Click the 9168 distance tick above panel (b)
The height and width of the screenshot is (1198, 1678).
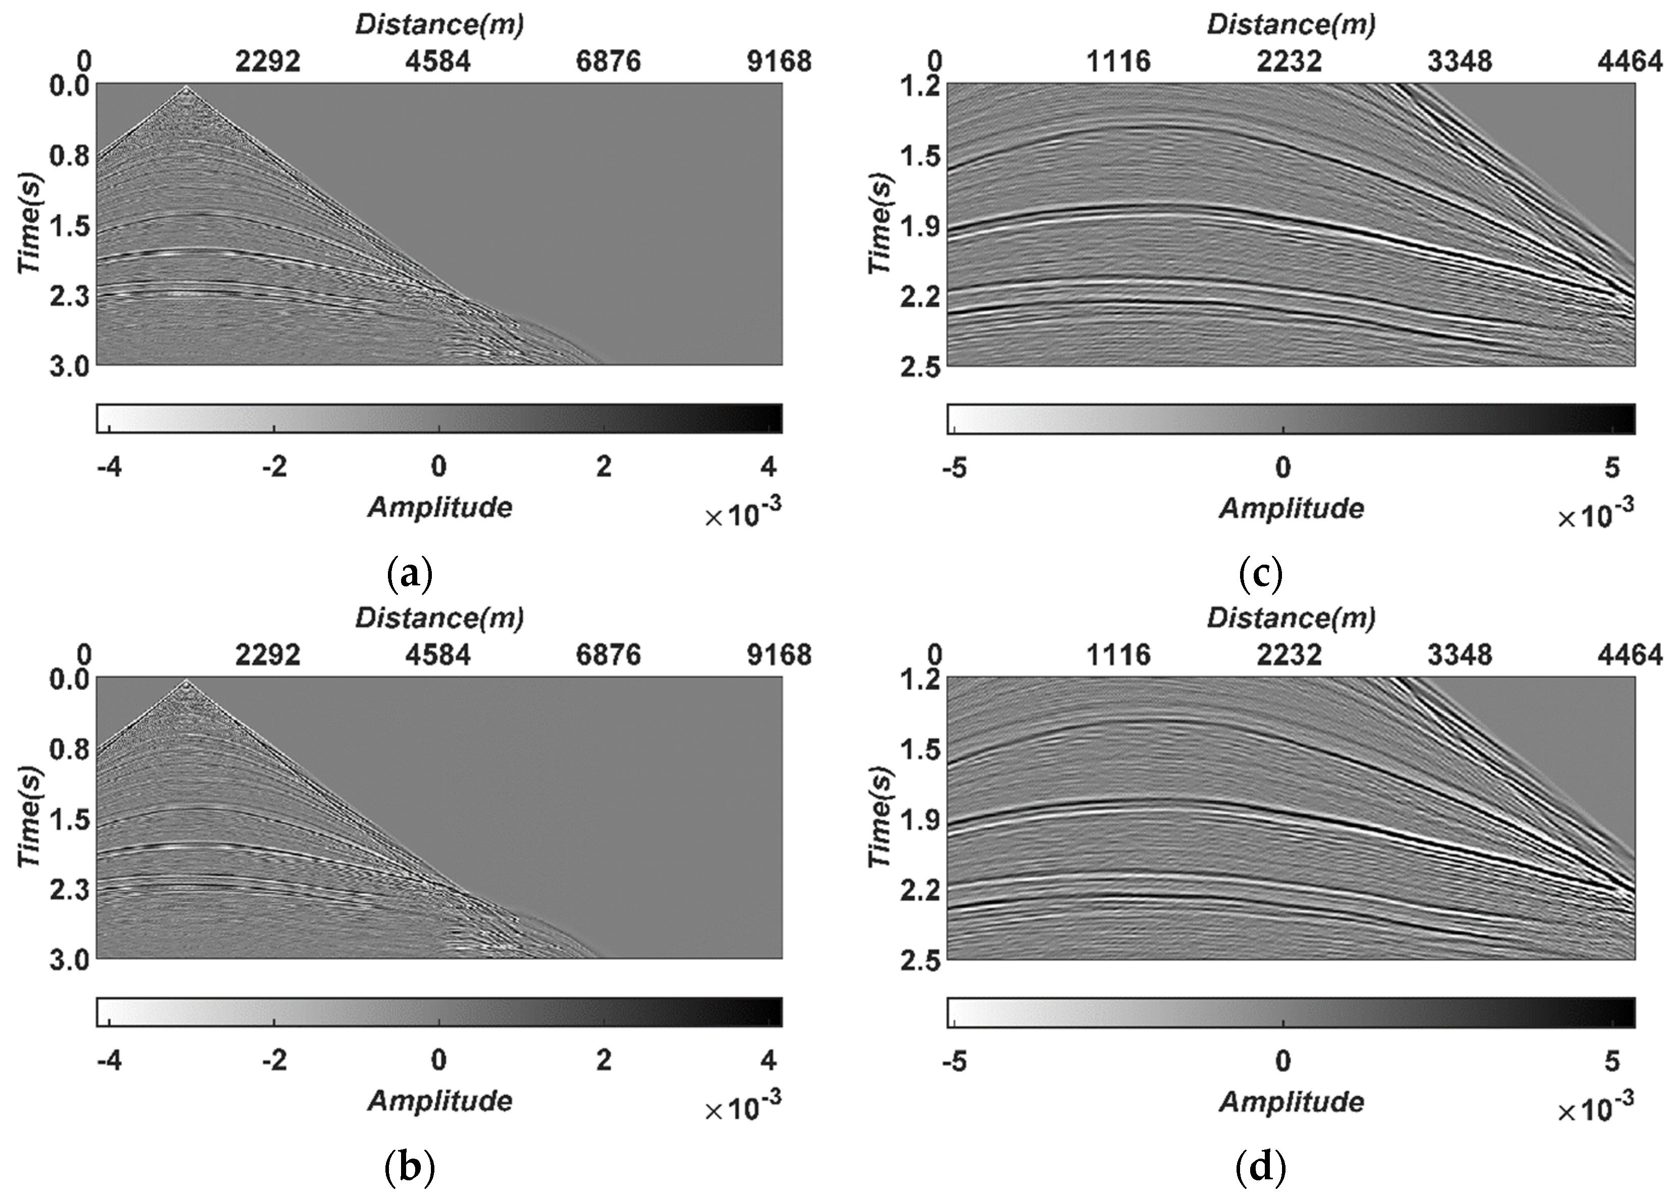[779, 655]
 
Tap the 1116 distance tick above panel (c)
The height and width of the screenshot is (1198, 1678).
[1118, 62]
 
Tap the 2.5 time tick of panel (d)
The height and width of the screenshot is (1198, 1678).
[917, 961]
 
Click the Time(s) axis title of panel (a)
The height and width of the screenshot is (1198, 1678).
[30, 224]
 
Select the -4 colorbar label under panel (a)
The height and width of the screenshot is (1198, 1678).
[109, 467]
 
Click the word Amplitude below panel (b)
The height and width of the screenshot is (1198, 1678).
[439, 1101]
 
